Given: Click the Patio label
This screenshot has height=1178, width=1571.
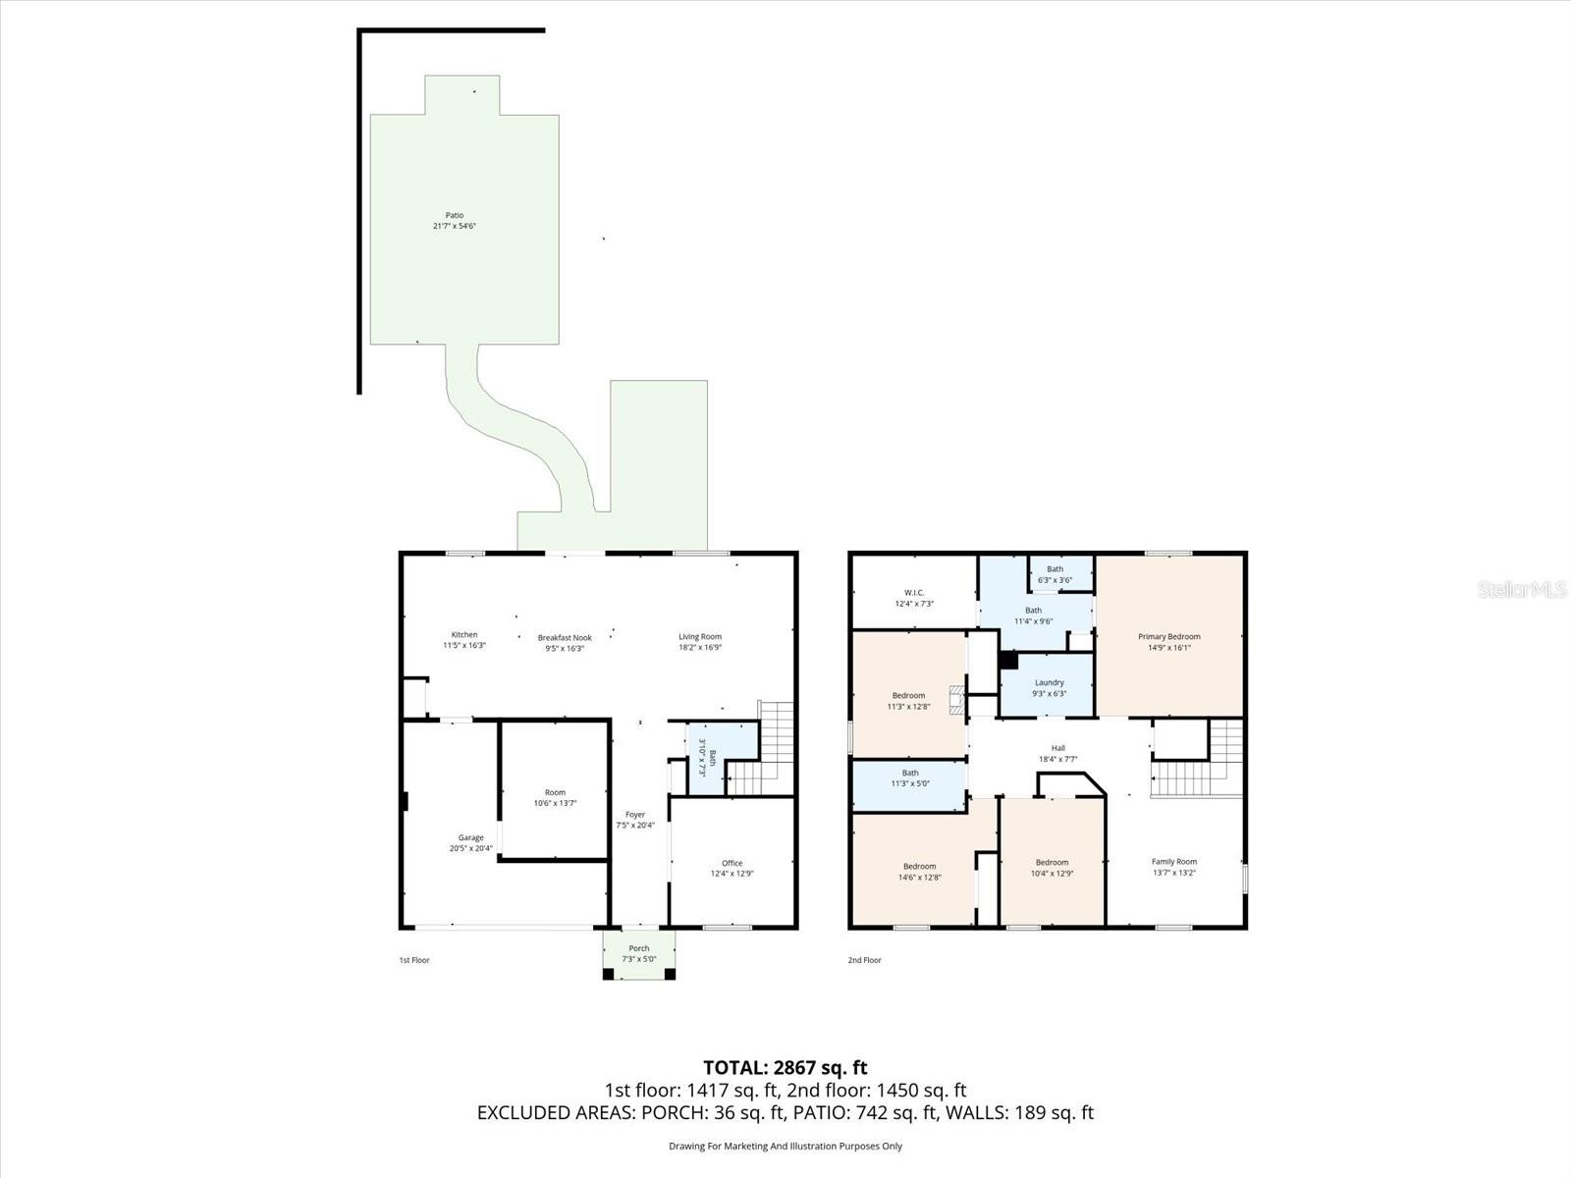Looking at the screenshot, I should pos(454,215).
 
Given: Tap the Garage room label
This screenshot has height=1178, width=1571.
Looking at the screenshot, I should pos(470,837).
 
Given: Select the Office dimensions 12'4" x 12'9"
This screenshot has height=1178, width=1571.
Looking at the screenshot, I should pos(731,874).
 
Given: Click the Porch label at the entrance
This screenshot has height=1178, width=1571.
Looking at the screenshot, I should pos(638,948).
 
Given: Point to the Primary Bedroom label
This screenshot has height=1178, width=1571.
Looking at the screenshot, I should pos(1168,636).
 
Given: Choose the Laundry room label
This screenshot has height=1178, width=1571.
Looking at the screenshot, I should pos(1049,682).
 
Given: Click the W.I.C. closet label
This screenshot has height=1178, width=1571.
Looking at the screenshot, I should pos(913,592).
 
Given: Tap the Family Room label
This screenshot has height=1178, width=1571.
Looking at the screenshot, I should pos(1173,862).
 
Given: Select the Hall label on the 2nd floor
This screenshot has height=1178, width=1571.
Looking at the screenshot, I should pos(1057,748).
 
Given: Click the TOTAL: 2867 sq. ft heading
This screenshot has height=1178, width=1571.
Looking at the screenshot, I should pos(785,1067).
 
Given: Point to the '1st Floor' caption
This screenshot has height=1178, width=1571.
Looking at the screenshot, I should pos(413,960).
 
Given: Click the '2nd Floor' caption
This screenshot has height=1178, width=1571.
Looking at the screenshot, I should pos(864,960).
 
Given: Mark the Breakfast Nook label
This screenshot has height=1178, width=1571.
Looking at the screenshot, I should pos(565,637).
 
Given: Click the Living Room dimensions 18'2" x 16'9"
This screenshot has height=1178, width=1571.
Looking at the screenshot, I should pos(699,648).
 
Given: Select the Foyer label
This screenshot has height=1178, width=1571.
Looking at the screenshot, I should pos(635,814).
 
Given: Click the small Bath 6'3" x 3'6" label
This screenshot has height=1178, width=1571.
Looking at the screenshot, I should pos(1055,569).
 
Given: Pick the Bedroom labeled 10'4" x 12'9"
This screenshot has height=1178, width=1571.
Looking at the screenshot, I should pos(1052,862).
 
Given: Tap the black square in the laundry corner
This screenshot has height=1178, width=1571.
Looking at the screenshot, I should pos(1007,660).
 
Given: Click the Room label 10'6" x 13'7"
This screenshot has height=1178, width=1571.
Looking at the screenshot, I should pos(555,792).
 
